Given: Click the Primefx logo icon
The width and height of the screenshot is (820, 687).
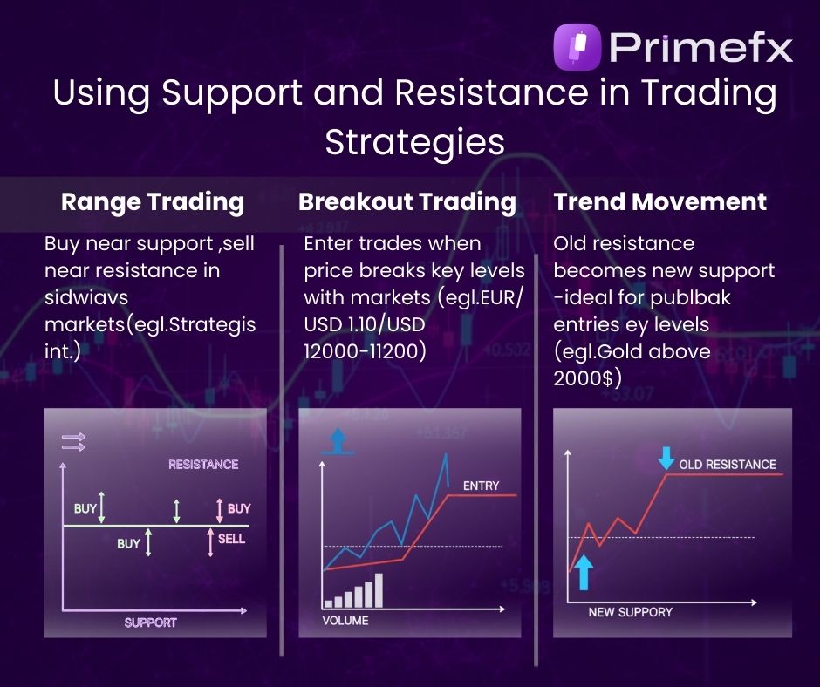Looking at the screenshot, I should pos(577,47).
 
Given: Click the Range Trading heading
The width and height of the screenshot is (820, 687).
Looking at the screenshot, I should pos(153,202).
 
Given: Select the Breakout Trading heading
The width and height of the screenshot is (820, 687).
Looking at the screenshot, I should pos(407,202).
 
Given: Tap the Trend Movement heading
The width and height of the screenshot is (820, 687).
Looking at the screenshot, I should pos(660,202).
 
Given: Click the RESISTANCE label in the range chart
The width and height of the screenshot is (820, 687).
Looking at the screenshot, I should pos(203,465).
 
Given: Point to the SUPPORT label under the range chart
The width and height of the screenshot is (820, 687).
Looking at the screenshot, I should pos(150,622).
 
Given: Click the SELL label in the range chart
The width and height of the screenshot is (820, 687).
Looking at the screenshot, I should pos(231,539).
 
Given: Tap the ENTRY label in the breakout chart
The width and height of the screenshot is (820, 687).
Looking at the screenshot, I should pos(481,486).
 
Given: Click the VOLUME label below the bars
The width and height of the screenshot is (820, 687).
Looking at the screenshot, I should pos(345,621).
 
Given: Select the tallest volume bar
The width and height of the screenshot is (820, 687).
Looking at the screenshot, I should pos(379,589).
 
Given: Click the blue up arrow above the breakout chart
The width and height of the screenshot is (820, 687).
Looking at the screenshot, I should pos(337,441).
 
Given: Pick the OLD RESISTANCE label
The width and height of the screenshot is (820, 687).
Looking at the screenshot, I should pos(727,465).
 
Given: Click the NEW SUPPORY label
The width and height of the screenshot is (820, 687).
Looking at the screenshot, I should pos(630,612).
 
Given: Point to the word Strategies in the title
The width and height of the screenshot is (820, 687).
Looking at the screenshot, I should pos(414,141).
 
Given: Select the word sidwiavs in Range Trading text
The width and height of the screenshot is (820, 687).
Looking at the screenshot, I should pos(84,297).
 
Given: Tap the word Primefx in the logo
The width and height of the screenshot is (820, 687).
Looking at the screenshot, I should pos(701,47).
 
